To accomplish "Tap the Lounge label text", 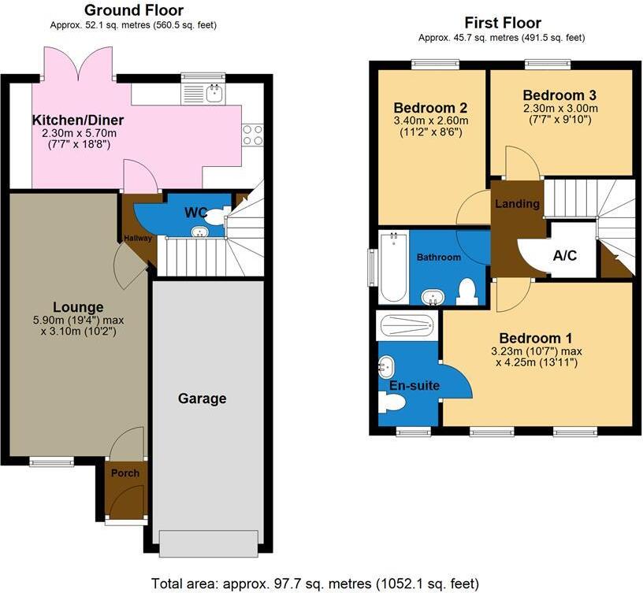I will pyautogui.click(x=78, y=306).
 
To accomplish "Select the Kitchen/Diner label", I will pyautogui.click(x=77, y=120).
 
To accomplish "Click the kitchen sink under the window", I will pyautogui.click(x=212, y=95).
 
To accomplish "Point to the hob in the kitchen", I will pyautogui.click(x=252, y=135).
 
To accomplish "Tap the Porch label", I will pyautogui.click(x=125, y=473).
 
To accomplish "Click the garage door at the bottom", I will pyautogui.click(x=208, y=543).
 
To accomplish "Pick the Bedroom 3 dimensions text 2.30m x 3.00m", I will pyautogui.click(x=560, y=109).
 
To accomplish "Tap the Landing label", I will pyautogui.click(x=517, y=204).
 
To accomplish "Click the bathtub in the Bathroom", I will pyautogui.click(x=392, y=268).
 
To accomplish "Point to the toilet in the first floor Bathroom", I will pyautogui.click(x=468, y=291).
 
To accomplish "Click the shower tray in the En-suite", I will pyautogui.click(x=406, y=324).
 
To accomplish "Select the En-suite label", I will pyautogui.click(x=414, y=386).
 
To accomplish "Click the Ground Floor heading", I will pyautogui.click(x=133, y=10).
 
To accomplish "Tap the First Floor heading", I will pyautogui.click(x=503, y=23).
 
